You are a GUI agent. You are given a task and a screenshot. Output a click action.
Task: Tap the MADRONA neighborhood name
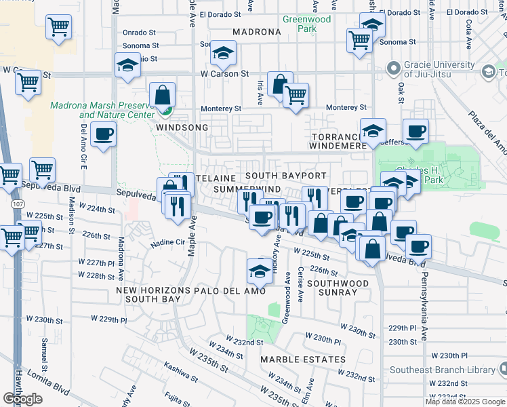click(256, 32)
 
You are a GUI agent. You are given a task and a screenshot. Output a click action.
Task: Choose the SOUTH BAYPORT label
click(295, 176)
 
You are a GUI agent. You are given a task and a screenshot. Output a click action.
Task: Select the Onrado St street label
click(140, 32)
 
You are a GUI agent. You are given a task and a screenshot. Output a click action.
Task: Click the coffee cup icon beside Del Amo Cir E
click(102, 134)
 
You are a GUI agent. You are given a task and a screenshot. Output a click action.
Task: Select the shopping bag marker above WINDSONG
click(163, 94)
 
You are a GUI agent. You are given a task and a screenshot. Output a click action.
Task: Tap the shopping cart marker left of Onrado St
click(59, 27)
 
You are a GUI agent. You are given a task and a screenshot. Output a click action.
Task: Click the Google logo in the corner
click(23, 399)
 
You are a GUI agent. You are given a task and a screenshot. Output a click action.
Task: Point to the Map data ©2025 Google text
click(464, 402)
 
